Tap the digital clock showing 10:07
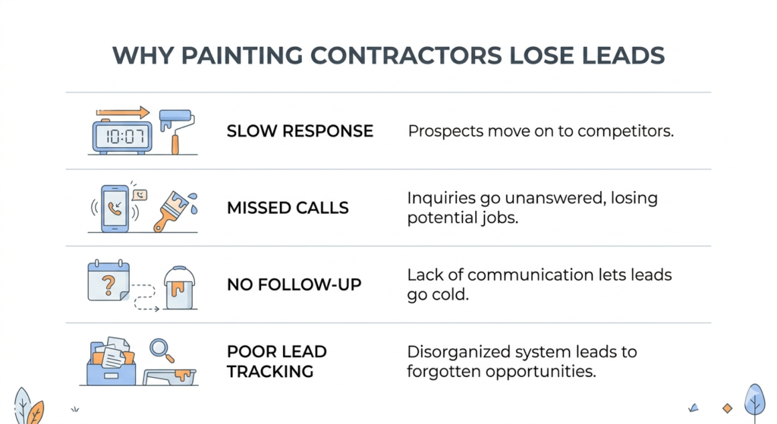click(121, 137)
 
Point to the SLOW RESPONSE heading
click(300, 131)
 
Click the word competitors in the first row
click(626, 131)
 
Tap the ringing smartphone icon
click(115, 207)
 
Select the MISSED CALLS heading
click(288, 208)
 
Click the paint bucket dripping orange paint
click(180, 288)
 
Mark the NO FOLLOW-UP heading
click(294, 285)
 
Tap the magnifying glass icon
click(162, 350)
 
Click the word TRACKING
click(269, 371)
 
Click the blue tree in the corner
click(754, 398)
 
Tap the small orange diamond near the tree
click(727, 408)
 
